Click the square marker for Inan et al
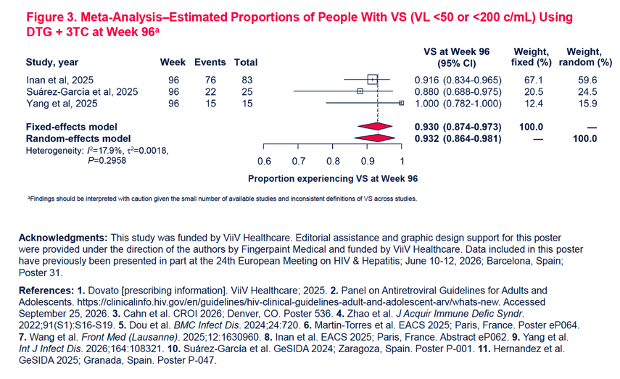(x=373, y=80)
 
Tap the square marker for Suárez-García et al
(x=360, y=91)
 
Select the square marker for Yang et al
(x=401, y=103)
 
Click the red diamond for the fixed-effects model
(x=375, y=127)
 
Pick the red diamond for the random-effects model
(x=374, y=138)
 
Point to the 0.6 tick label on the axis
(x=264, y=162)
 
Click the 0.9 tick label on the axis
(x=368, y=162)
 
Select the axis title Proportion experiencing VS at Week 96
(x=333, y=179)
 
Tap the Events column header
(x=210, y=62)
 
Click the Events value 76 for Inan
(x=210, y=80)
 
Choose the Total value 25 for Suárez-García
(x=247, y=92)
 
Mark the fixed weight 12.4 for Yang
(x=534, y=104)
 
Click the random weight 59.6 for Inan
(x=587, y=80)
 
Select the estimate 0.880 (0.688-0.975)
(x=458, y=92)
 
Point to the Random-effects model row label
(x=78, y=138)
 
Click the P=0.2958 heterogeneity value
(x=107, y=160)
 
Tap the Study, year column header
(x=52, y=62)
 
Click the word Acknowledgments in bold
(x=63, y=238)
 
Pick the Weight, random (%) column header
(x=585, y=57)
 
